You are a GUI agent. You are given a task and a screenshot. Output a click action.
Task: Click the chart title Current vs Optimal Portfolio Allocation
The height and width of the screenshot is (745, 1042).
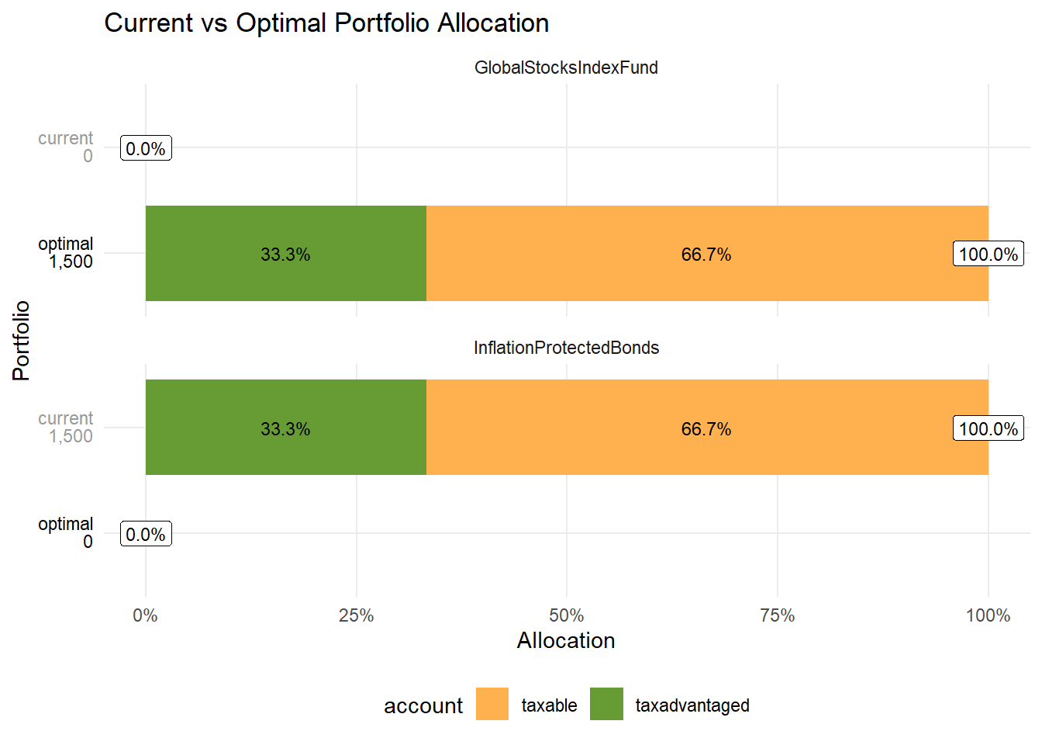tap(326, 23)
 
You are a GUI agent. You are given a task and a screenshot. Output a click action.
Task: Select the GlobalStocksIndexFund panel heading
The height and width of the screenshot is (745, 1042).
tap(566, 68)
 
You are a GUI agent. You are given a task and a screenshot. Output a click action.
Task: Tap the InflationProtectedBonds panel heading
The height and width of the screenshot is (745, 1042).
tap(566, 348)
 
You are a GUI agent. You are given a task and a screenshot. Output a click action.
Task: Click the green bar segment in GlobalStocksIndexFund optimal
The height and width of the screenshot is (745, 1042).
tap(286, 254)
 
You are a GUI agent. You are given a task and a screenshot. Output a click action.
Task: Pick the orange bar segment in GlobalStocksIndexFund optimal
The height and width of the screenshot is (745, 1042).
tap(706, 254)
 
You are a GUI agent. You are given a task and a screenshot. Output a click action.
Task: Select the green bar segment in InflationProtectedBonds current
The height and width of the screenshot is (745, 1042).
tap(286, 428)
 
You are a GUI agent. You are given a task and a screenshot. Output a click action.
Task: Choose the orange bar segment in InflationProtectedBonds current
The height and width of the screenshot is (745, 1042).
tap(706, 428)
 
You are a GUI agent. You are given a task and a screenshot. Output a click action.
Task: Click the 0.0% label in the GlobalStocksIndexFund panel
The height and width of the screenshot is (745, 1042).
tap(146, 148)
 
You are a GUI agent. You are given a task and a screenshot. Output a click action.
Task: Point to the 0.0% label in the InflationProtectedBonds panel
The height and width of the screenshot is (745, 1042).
tap(146, 534)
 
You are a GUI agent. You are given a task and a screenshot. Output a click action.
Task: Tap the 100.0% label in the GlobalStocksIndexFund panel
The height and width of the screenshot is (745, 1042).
tap(988, 254)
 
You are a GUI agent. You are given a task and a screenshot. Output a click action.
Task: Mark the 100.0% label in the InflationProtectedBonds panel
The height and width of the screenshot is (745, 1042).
tap(988, 428)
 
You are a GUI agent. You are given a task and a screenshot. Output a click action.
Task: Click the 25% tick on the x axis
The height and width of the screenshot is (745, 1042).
tap(357, 615)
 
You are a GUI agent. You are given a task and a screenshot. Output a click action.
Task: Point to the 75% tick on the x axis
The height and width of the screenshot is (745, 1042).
tap(777, 615)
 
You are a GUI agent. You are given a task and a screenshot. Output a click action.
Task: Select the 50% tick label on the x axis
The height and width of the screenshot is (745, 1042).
tap(566, 615)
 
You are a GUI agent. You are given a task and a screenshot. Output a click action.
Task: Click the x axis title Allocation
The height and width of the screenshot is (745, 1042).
tap(566, 640)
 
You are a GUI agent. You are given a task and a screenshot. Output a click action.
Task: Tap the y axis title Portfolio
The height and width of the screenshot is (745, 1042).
tap(21, 340)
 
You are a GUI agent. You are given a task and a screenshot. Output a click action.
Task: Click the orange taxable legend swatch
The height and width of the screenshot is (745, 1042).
tap(492, 704)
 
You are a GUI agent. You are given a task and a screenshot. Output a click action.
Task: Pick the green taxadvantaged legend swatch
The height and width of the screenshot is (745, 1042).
tap(606, 704)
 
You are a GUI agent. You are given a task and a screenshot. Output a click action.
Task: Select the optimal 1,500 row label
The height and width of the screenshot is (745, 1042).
tap(67, 253)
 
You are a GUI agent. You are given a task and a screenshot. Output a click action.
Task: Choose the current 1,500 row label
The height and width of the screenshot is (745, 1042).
tap(67, 428)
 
